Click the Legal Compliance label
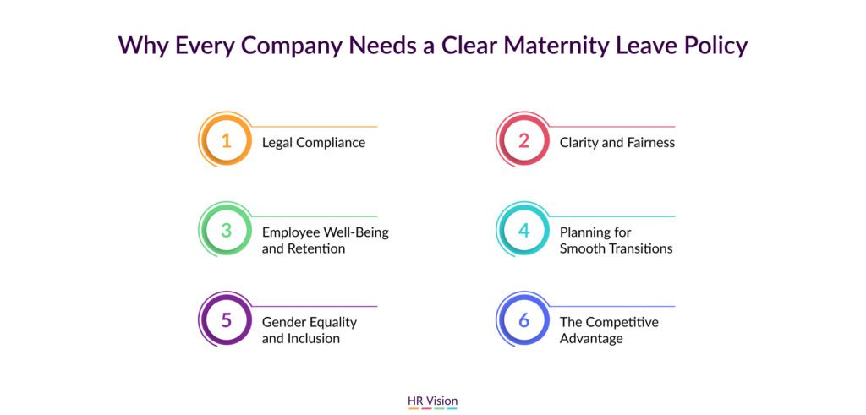tap(313, 142)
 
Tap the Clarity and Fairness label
tap(617, 142)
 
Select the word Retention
tap(316, 248)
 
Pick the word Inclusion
tap(313, 338)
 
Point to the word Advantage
tap(591, 338)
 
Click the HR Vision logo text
tap(432, 401)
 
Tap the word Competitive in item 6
tap(622, 322)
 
